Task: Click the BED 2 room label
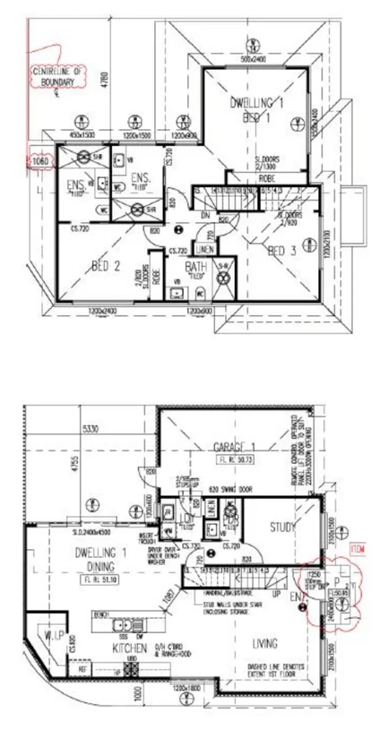(x=106, y=265)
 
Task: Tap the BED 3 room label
(x=282, y=251)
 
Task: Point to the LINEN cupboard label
(x=203, y=248)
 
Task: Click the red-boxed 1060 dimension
(x=39, y=161)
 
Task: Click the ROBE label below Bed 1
(x=266, y=178)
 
